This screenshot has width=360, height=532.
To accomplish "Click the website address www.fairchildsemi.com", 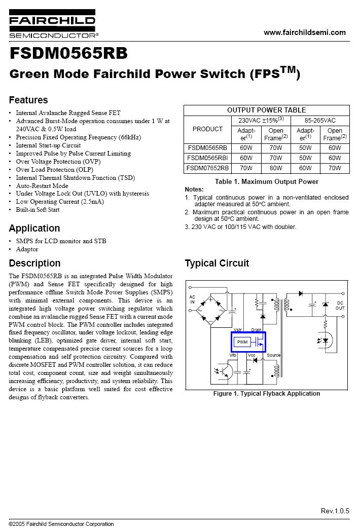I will (x=305, y=32).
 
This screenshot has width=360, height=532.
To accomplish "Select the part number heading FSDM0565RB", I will (x=68, y=54).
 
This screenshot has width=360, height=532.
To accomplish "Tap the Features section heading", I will (x=28, y=100).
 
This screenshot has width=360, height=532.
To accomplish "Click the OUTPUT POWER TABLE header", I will (x=266, y=110).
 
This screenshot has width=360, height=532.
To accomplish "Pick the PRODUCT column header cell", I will (x=207, y=129).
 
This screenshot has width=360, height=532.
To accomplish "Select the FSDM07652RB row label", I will (x=207, y=168).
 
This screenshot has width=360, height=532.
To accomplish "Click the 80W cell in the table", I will (x=275, y=168).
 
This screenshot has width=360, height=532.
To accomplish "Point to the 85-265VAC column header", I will (x=320, y=120).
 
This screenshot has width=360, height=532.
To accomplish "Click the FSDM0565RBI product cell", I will (x=207, y=158).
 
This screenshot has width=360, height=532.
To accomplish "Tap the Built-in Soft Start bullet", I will (x=38, y=210).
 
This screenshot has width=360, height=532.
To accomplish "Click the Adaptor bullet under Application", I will (x=27, y=249).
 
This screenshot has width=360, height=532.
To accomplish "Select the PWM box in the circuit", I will (x=242, y=342).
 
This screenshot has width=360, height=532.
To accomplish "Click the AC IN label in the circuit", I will (x=192, y=299).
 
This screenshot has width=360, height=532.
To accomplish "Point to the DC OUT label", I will (x=340, y=306).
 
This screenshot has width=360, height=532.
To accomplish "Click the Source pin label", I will (x=274, y=355).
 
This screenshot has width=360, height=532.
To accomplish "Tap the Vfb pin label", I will (x=233, y=355).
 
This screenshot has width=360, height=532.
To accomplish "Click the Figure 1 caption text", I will (x=267, y=394).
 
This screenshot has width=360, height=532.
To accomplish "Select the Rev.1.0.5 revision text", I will (x=335, y=511).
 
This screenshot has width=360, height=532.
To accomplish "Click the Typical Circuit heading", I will (x=217, y=263).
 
